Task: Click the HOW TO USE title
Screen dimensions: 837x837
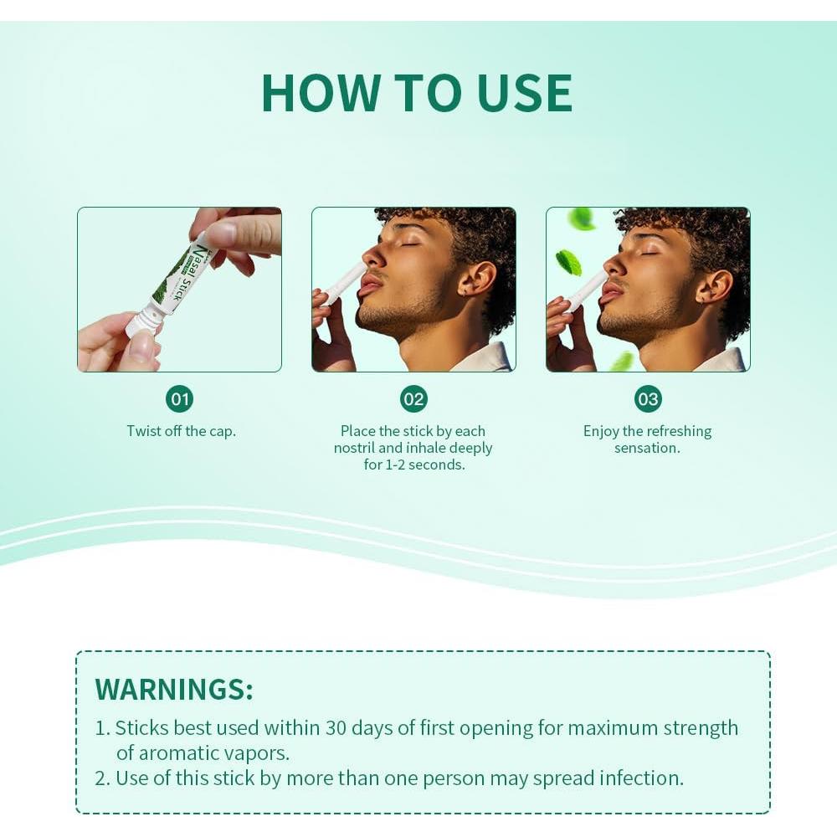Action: pos(417,93)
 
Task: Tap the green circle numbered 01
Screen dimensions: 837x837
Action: pos(180,398)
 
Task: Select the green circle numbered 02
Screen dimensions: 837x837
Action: pos(413,398)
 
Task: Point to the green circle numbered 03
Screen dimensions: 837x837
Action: pos(648,398)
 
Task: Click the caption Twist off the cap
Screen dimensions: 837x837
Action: pos(181,431)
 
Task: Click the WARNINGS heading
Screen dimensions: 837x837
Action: pos(174,689)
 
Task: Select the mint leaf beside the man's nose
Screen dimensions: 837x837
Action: pos(569,261)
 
